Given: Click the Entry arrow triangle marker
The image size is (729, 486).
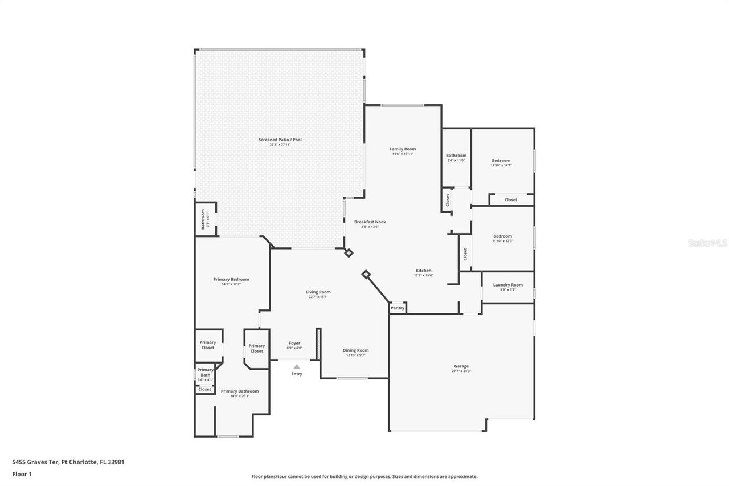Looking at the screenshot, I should click(297, 367).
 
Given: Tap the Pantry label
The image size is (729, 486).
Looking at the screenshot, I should click(398, 308).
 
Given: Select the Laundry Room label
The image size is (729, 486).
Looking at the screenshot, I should click(507, 285).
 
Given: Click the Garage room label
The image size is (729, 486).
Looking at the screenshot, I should click(461, 366).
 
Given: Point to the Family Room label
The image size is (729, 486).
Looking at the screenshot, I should click(403, 149).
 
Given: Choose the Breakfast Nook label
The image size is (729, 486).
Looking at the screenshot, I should click(370, 222).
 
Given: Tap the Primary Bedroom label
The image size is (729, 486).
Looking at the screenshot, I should click(231, 279).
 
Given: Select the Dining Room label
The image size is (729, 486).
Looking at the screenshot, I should click(355, 350).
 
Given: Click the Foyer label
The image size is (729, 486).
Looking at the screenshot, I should click(294, 343).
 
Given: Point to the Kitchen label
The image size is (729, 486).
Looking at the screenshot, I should click(423, 271).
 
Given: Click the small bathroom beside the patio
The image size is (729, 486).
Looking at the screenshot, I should click(205, 219).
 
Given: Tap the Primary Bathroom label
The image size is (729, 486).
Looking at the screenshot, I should click(240, 391).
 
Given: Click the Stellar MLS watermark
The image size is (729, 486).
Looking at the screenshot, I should click(707, 243).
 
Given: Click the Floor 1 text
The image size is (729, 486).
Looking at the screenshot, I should click(22, 473).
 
